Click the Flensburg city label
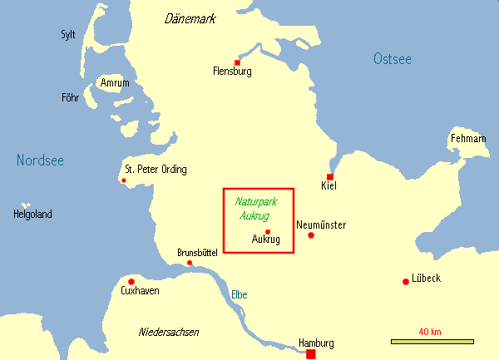[232, 72]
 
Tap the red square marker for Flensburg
[238, 62]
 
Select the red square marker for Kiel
[330, 177]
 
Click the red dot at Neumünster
[311, 235]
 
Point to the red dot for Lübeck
[405, 281]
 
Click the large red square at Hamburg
[311, 354]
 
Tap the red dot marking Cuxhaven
[131, 281]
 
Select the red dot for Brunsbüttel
[190, 264]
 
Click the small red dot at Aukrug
[268, 231]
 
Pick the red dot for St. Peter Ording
[124, 180]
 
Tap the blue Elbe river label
[239, 294]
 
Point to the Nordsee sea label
[40, 160]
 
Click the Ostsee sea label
[392, 58]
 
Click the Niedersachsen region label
[169, 332]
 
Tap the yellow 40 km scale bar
[432, 341]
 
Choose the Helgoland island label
[32, 215]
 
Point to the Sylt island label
[68, 34]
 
